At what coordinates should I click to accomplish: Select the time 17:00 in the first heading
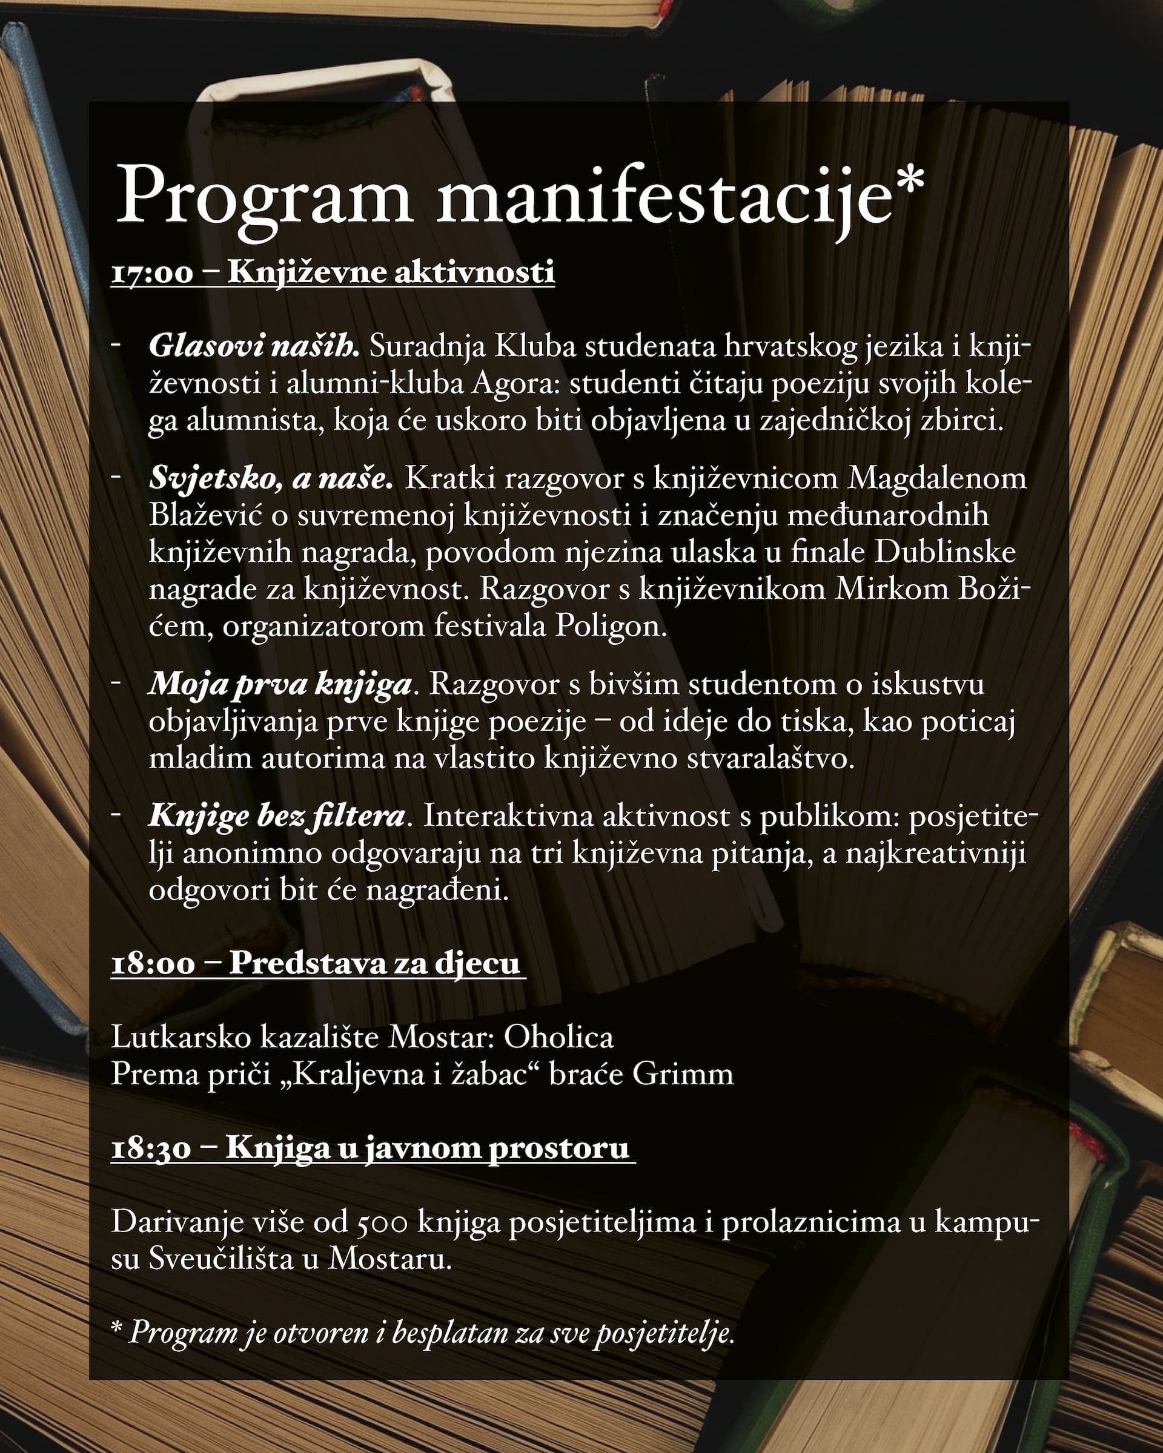pyautogui.click(x=151, y=274)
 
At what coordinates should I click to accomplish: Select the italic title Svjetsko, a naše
pyautogui.click(x=270, y=478)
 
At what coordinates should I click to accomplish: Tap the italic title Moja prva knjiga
pyautogui.click(x=280, y=684)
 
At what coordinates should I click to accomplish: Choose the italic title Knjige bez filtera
pyautogui.click(x=276, y=816)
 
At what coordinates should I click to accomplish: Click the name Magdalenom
pyautogui.click(x=937, y=478)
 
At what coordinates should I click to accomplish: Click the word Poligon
pyautogui.click(x=611, y=627)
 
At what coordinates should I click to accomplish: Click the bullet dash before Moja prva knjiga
pyautogui.click(x=116, y=683)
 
